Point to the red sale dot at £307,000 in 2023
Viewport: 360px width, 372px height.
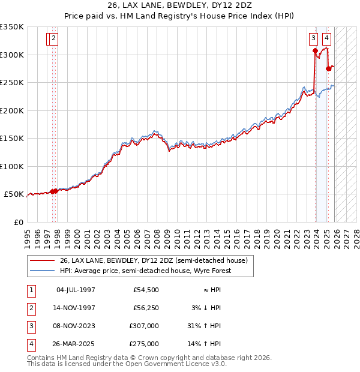[x=315, y=51]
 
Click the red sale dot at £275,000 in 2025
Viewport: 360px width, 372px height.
[x=328, y=69]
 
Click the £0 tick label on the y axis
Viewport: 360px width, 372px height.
[x=18, y=222]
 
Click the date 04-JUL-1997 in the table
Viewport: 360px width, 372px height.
[x=76, y=290]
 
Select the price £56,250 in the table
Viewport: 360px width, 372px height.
[x=146, y=308]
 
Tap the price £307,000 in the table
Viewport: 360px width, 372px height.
[x=144, y=326]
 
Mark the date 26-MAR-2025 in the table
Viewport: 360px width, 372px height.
[x=76, y=344]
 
